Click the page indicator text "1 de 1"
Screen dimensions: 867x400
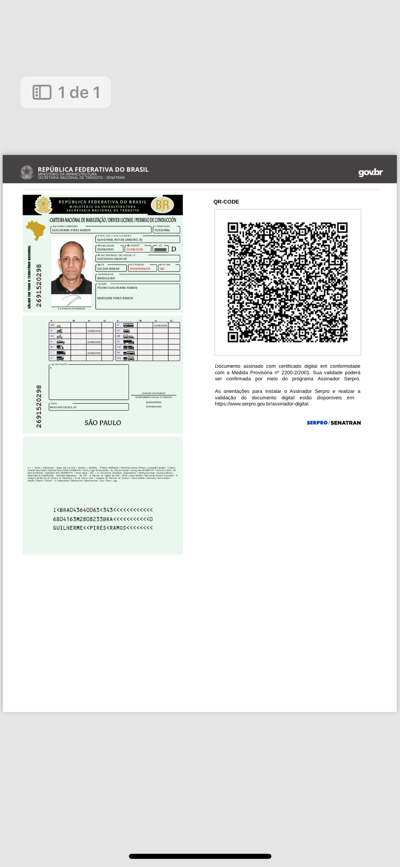pyautogui.click(x=79, y=92)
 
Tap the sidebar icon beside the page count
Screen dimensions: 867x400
pyautogui.click(x=42, y=92)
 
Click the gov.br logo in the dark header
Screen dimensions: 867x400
pyautogui.click(x=370, y=172)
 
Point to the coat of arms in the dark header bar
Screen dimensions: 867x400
pyautogui.click(x=27, y=172)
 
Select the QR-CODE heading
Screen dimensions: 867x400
pyautogui.click(x=226, y=201)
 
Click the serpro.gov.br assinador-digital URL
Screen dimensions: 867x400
pyautogui.click(x=262, y=404)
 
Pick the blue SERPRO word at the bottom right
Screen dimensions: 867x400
pyautogui.click(x=317, y=423)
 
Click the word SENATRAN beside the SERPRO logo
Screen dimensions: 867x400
pyautogui.click(x=345, y=423)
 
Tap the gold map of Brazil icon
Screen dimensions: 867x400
pyautogui.click(x=36, y=230)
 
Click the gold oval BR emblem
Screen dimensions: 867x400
pyautogui.click(x=163, y=205)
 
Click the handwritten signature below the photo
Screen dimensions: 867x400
pyautogui.click(x=71, y=300)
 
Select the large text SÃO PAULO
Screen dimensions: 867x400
pyautogui.click(x=103, y=423)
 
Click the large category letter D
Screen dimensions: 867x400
pyautogui.click(x=174, y=249)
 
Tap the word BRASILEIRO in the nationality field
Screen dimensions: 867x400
pyautogui.click(x=106, y=278)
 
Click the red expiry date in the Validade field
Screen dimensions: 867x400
pyautogui.click(x=135, y=249)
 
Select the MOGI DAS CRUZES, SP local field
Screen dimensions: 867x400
pyautogui.click(x=63, y=407)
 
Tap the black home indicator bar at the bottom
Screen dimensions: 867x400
pyautogui.click(x=200, y=856)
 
